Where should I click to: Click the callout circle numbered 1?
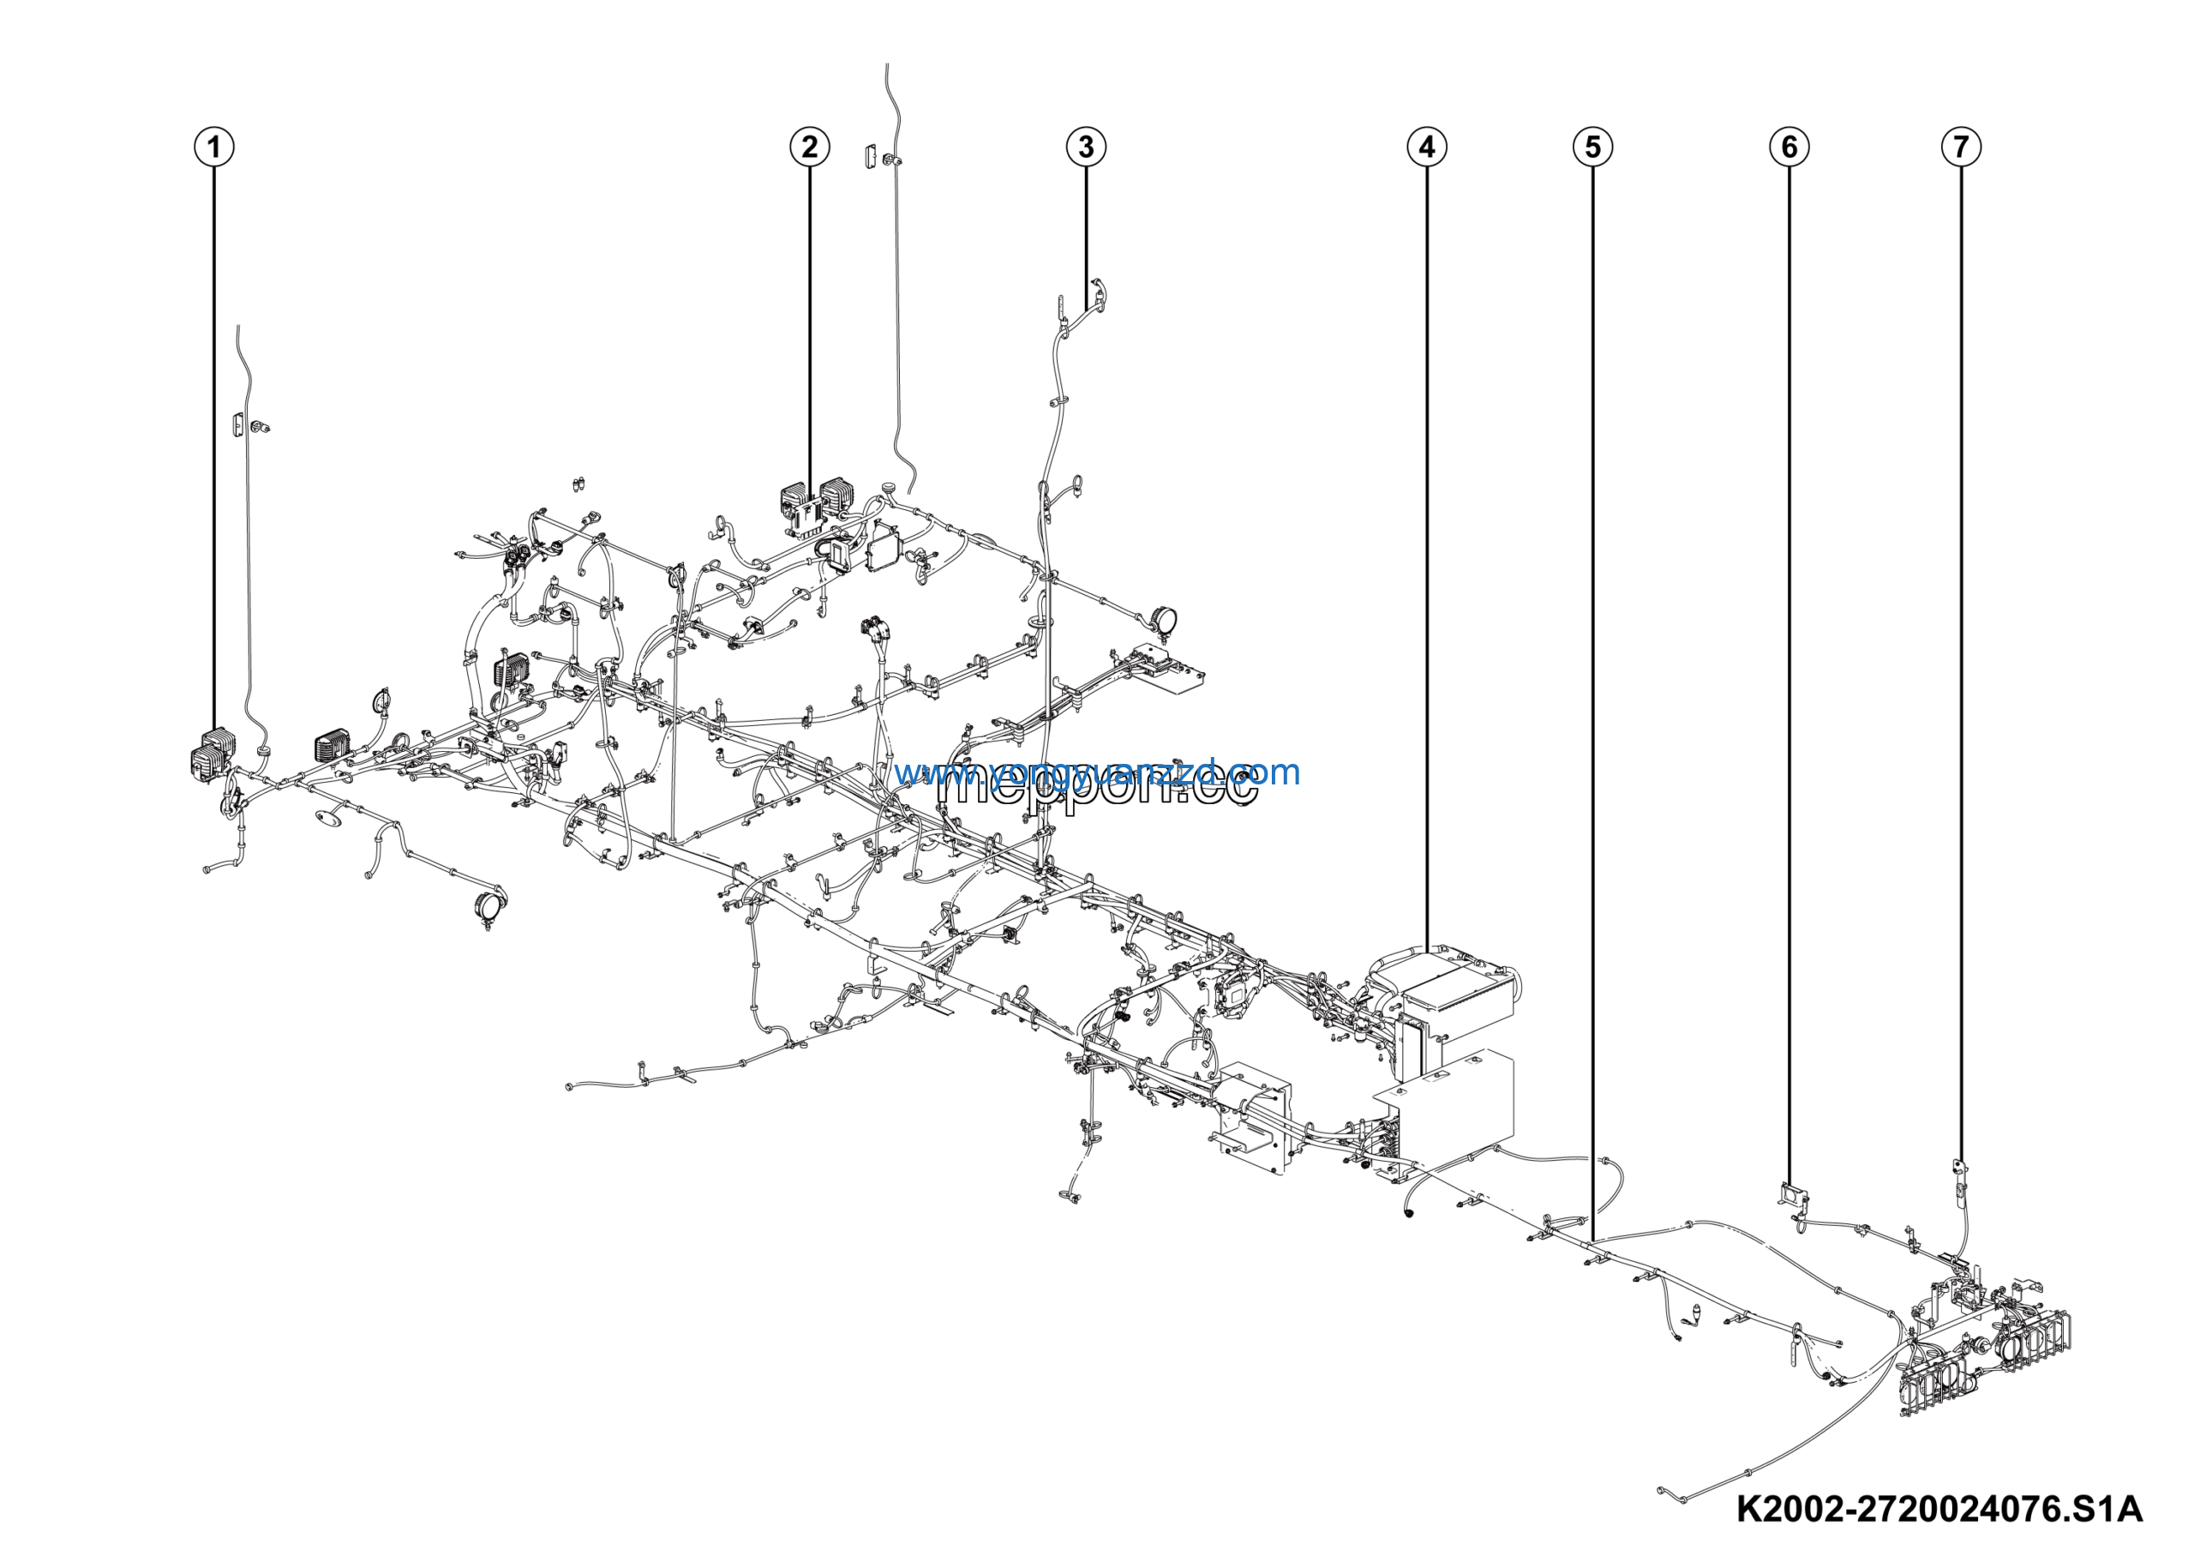[214, 147]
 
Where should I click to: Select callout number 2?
[809, 147]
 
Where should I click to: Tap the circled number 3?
[1086, 147]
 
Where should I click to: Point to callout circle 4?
[1427, 147]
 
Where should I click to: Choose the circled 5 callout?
[1592, 147]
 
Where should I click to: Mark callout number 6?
[1789, 147]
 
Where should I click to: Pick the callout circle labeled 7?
[1961, 147]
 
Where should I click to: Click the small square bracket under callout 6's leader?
[1792, 1194]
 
